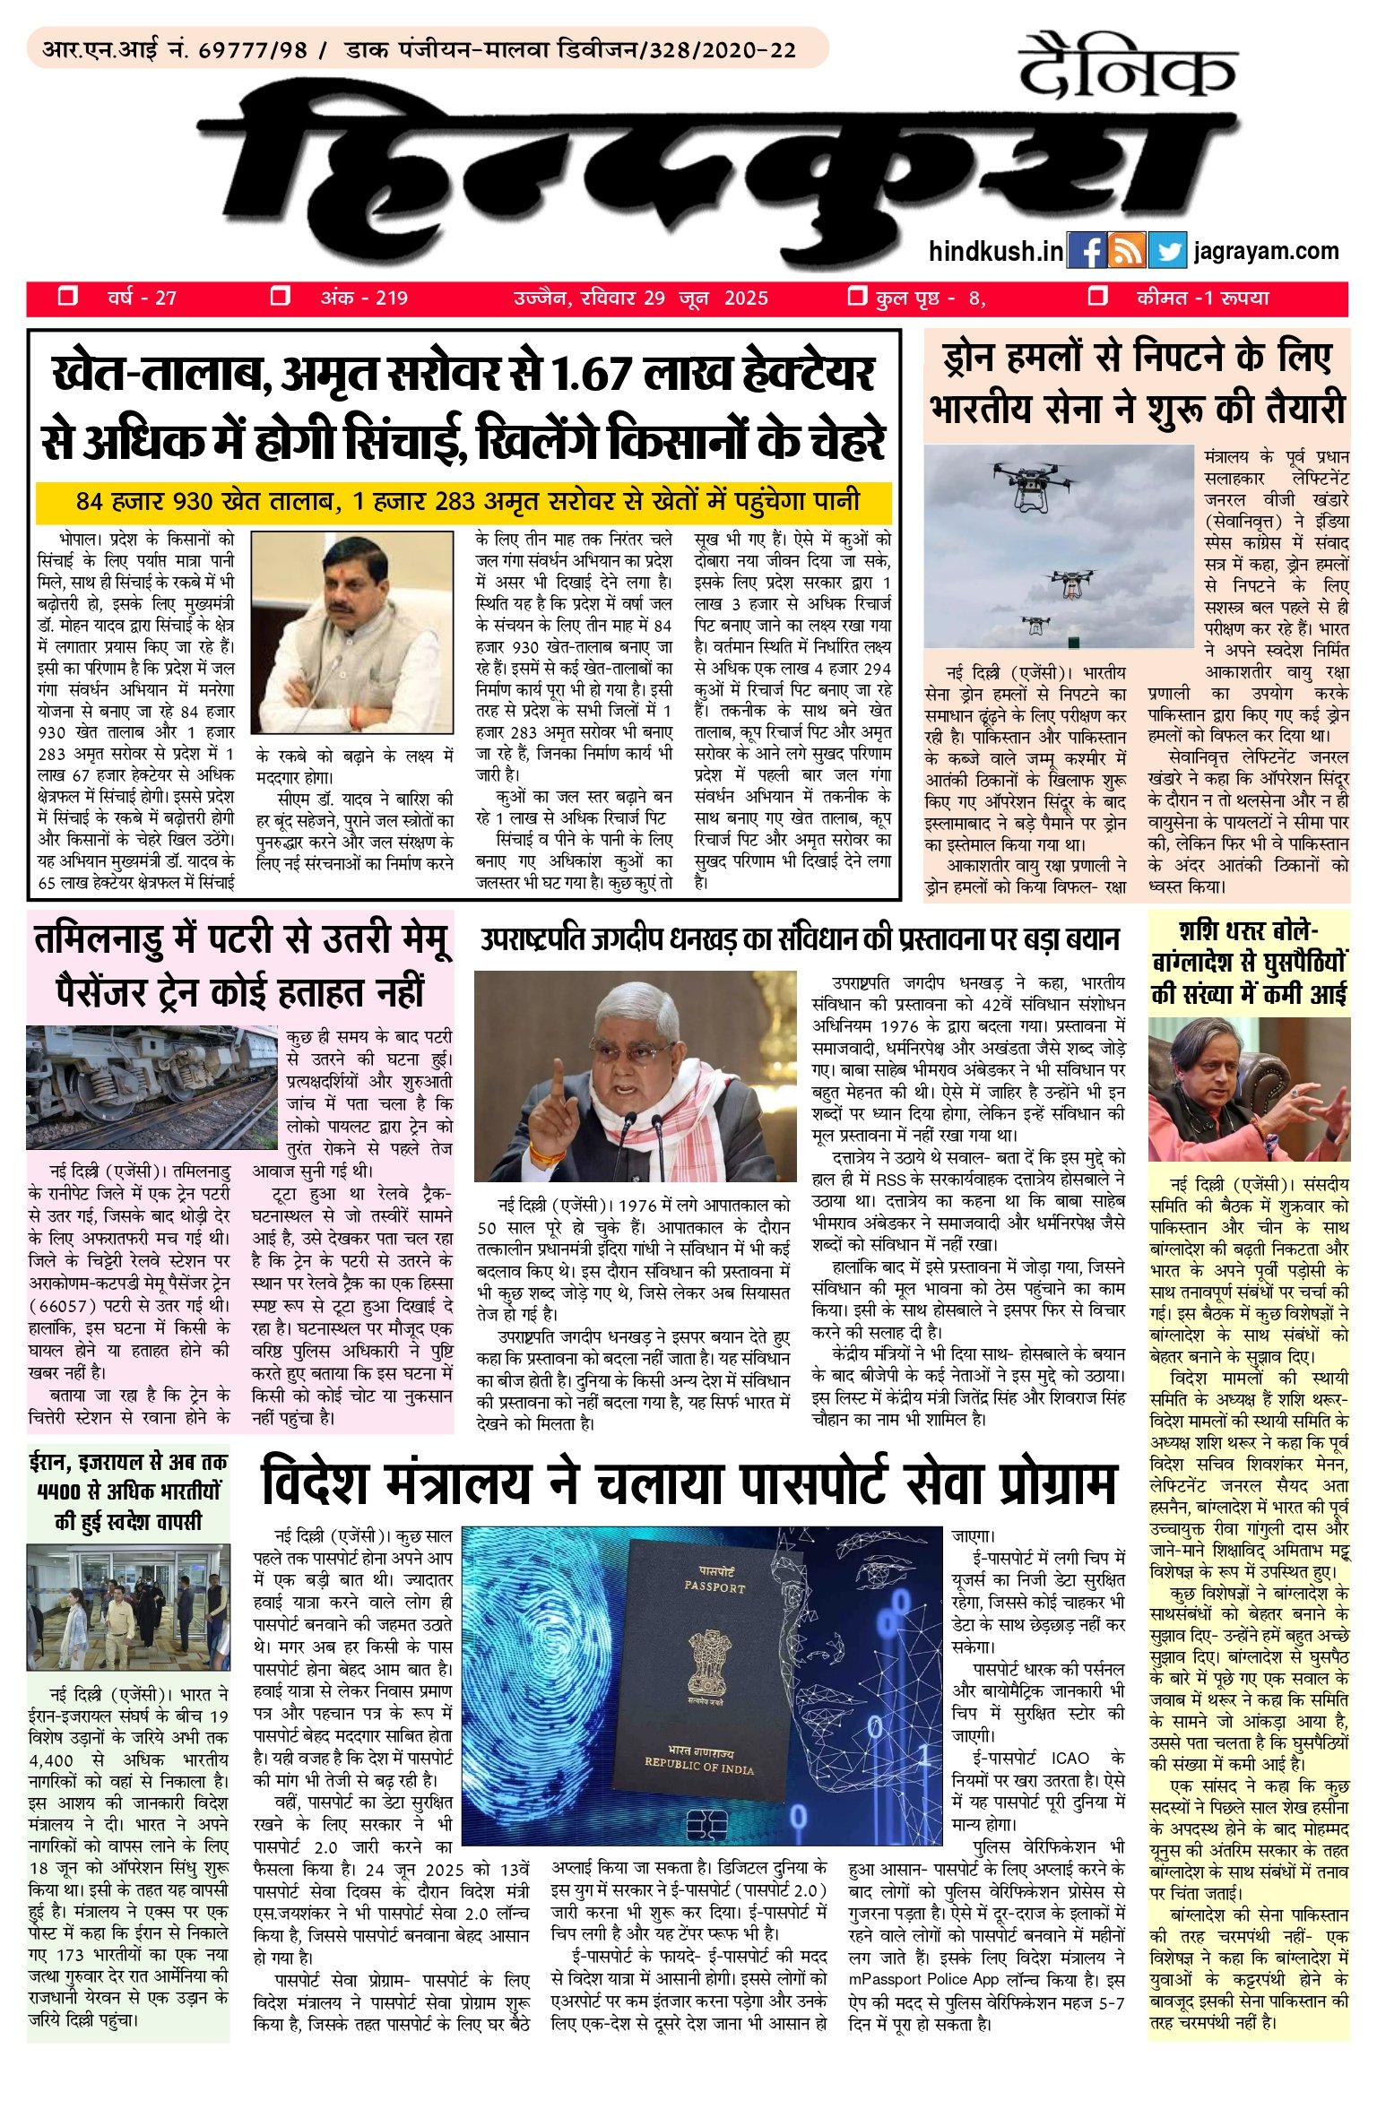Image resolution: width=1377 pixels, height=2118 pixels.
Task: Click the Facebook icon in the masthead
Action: pyautogui.click(x=1087, y=251)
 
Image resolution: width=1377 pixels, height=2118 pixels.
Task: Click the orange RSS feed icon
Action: pyautogui.click(x=1127, y=251)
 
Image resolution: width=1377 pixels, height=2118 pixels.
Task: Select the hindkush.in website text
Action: pyautogui.click(x=996, y=252)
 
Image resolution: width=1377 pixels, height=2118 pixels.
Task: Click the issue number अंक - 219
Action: pyautogui.click(x=364, y=298)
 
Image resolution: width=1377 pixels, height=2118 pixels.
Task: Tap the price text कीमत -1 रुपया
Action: pyautogui.click(x=1202, y=298)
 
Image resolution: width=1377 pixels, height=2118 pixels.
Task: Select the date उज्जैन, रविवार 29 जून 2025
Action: pyautogui.click(x=640, y=298)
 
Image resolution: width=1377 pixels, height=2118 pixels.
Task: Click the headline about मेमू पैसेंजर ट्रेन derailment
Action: pyautogui.click(x=240, y=966)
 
